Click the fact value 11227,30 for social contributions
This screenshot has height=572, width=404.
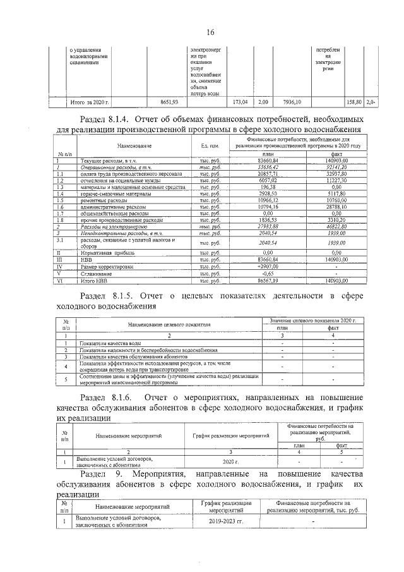(x=340, y=180)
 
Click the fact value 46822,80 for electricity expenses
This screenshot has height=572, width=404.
(x=340, y=226)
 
